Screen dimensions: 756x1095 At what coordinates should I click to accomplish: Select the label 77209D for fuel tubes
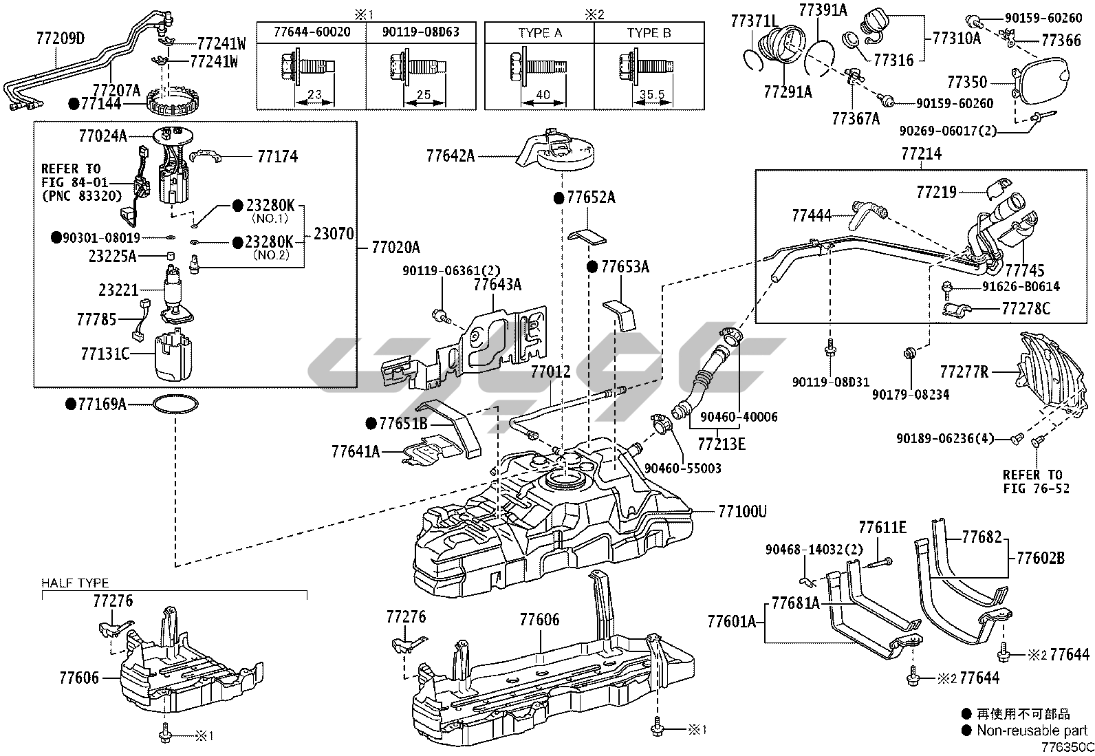coord(60,39)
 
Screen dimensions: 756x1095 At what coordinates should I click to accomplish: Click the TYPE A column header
coord(539,33)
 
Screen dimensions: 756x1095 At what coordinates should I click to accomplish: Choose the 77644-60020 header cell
coord(310,32)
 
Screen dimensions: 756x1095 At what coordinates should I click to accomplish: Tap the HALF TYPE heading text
coord(75,583)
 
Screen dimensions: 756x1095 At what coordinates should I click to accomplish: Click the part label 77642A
coord(450,155)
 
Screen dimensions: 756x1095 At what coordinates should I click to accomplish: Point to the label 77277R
coord(964,372)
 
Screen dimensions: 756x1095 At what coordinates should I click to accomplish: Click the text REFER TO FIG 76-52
coord(1032,482)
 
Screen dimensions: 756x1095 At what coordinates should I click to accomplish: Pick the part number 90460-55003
coord(682,468)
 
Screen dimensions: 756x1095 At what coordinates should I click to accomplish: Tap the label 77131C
coord(105,354)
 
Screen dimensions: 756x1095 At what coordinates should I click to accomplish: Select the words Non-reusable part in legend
coord(1031,731)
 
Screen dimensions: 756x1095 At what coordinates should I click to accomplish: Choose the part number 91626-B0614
coord(1020,286)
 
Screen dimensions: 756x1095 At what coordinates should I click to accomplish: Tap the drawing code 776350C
coord(1066,747)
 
